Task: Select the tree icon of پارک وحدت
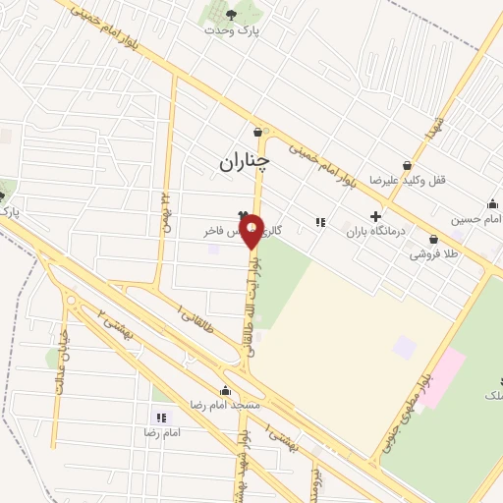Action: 231,14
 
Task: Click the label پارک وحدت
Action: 231,30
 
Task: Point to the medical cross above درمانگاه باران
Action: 374,216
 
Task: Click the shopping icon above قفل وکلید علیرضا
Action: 407,165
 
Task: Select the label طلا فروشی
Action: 434,253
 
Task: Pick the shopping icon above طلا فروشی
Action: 433,238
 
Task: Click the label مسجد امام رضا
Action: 226,405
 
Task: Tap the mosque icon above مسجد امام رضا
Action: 226,389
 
